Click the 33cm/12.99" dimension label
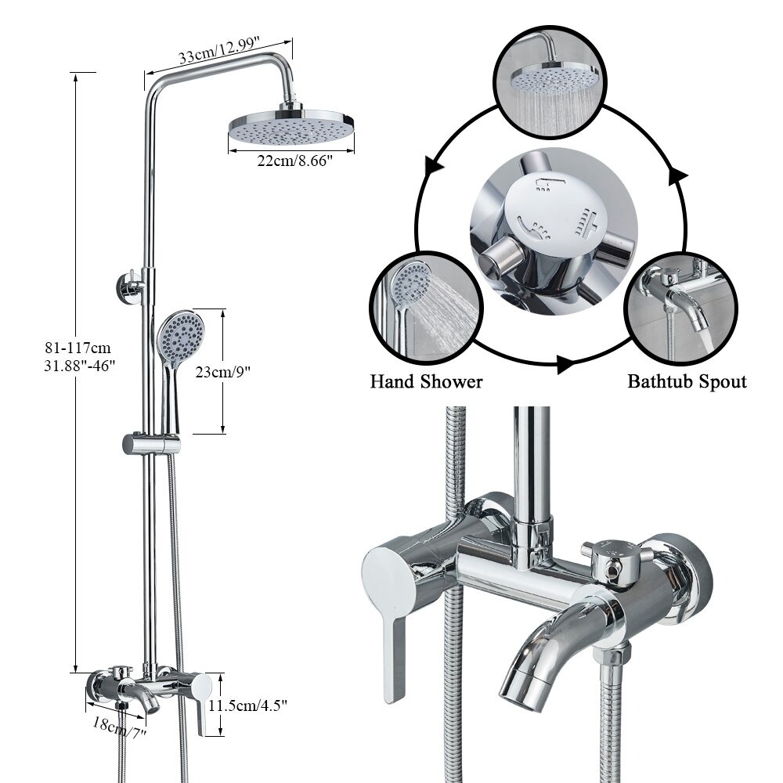coord(218,50)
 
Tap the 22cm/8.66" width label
coord(294,161)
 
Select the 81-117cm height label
coord(78,348)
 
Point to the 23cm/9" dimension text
coord(222,372)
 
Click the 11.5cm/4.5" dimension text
coord(248,705)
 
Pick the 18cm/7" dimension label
coord(119,727)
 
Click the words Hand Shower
coord(426,382)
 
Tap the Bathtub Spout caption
coord(687,381)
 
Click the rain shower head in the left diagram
coord(291,127)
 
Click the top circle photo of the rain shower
coord(550,81)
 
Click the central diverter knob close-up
coord(554,231)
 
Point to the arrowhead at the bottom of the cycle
coord(565,363)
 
